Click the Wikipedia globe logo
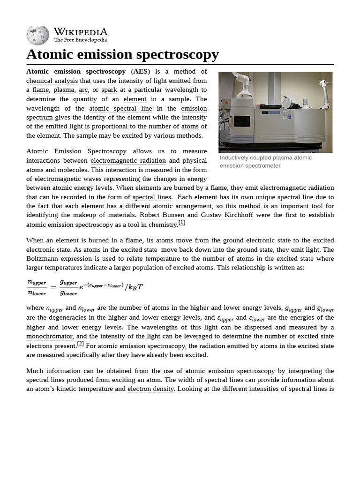coord(37,35)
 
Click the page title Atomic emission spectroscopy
coord(122,54)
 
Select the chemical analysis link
coord(52,81)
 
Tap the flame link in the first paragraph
coord(41,90)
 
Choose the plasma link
coord(64,90)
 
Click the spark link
coord(109,90)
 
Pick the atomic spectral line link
coord(120,108)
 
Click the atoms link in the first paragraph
coord(190,127)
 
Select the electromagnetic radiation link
coord(128,161)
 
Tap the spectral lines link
coord(152,197)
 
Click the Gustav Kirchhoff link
coord(227,215)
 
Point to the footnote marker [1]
coord(182,223)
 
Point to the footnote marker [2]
coord(81,344)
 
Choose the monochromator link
coord(49,337)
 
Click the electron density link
coord(150,389)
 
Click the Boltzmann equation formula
coord(85,287)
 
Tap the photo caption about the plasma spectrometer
coord(266,162)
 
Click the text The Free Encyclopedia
coord(80,40)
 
